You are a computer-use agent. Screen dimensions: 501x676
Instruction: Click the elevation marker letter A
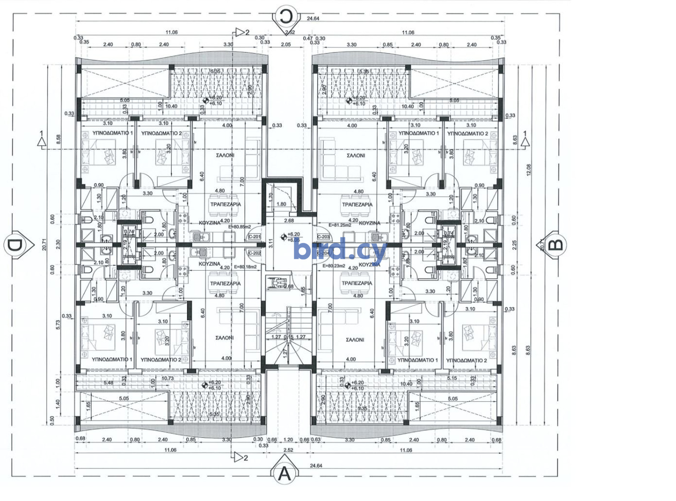pos(284,474)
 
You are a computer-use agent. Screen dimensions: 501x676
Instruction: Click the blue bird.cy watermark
pos(340,250)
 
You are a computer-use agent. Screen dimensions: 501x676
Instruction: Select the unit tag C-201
pos(255,237)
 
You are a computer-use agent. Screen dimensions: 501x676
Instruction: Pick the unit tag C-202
pos(255,253)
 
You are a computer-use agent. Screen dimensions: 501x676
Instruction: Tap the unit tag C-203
pos(323,237)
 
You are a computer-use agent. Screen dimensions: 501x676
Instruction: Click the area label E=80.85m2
pos(239,227)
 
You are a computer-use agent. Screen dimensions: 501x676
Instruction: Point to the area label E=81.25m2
pos(340,225)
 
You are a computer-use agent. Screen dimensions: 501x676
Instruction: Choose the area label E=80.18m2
pos(245,267)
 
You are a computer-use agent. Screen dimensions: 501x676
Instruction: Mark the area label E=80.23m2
pos(334,266)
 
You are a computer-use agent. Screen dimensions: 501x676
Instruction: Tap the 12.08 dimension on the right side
pos(529,170)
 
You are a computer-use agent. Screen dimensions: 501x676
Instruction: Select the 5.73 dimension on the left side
pos(58,325)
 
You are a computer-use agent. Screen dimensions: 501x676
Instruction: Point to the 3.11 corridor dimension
pos(271,243)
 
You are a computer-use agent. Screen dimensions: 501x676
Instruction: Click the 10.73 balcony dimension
pos(168,378)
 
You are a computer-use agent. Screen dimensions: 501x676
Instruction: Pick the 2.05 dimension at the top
pos(286,45)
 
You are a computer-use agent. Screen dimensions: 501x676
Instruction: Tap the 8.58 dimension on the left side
pos(58,139)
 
